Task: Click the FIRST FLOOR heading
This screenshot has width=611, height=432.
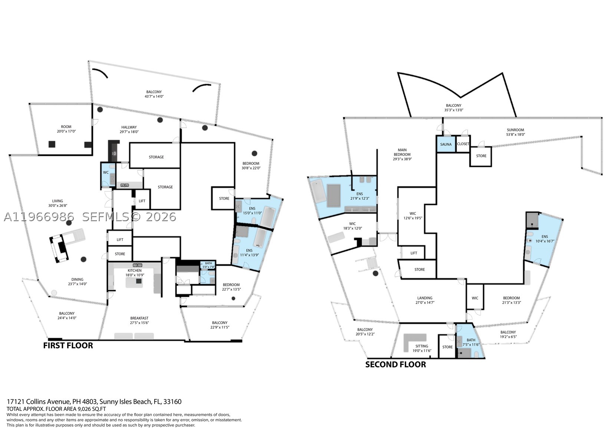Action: [68, 346]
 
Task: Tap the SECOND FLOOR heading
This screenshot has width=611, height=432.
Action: [395, 364]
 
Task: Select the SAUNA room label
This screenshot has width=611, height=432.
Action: [446, 144]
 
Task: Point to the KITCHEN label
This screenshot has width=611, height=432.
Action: [134, 271]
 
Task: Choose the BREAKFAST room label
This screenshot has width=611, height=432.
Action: [139, 318]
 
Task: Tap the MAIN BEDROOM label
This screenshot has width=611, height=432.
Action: [402, 152]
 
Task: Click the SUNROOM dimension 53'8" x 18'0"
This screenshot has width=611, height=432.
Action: [516, 135]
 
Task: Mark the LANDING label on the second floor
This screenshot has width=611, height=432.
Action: [425, 298]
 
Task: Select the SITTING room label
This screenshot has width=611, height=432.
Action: [422, 346]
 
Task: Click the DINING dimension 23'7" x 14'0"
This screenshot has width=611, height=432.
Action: [78, 284]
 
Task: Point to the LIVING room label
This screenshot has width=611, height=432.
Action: [58, 201]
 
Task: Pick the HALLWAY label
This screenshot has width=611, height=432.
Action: [129, 127]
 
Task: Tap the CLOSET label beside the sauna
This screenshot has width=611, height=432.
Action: [463, 144]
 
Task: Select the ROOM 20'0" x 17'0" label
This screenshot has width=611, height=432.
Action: [66, 129]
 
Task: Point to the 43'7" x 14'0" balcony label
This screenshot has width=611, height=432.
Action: [154, 96]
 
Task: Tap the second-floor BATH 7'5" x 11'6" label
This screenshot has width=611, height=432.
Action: [471, 342]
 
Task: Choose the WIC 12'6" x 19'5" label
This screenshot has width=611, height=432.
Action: [413, 216]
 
